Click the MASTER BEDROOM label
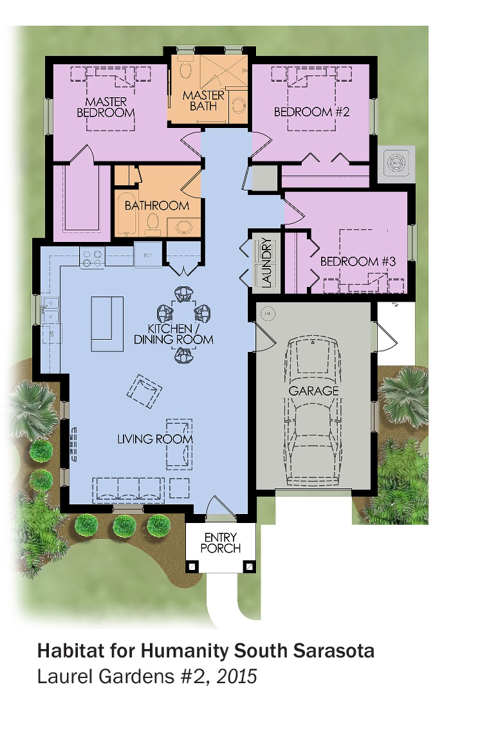pos(106,107)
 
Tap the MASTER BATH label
pos(203,100)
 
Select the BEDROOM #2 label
pos(311,112)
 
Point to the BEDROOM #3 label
pos(358,261)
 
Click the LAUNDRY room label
pos(266,262)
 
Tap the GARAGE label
pos(313,391)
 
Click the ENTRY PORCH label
pos(221,543)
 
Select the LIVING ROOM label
pos(155,439)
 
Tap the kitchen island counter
pos(107,324)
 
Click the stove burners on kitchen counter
pos(92,258)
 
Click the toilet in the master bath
pos(185,68)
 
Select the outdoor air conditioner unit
pos(396,164)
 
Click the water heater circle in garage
pos(268,314)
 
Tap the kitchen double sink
pos(50,310)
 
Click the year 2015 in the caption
pos(237,676)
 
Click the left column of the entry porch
pos(192,566)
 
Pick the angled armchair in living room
pos(145,391)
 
